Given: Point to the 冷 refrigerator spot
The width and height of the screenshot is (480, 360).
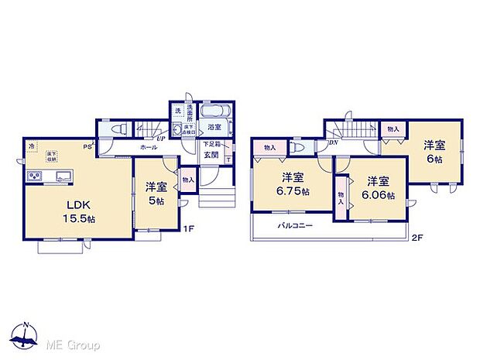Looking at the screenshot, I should click(31, 145).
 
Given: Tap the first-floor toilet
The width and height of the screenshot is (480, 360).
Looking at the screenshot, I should click(112, 129).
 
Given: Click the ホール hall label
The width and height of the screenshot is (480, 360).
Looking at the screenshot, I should click(149, 146).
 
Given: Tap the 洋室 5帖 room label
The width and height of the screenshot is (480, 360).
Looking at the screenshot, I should click(156, 192).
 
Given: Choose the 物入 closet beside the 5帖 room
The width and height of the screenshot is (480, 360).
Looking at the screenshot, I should click(188, 180).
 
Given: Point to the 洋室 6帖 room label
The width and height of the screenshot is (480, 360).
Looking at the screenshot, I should click(434, 150).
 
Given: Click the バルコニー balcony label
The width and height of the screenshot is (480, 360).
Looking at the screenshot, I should click(296, 227).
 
